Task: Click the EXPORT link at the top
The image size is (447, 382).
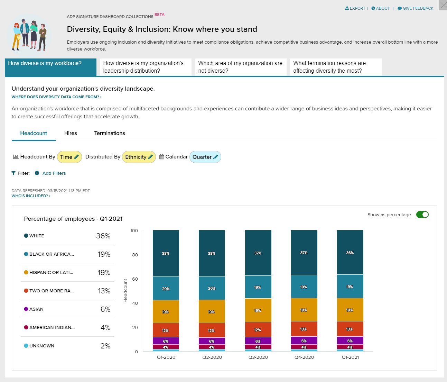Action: (355, 8)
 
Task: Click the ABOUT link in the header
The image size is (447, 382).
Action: (380, 8)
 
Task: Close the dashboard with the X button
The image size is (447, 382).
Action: (443, 5)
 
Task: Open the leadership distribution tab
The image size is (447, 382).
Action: (145, 67)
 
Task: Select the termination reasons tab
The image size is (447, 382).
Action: (335, 67)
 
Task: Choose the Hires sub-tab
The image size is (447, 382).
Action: (71, 133)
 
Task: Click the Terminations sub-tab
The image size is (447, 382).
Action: (110, 133)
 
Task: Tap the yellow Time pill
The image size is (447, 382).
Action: (69, 157)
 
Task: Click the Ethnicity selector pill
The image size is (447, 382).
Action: (139, 157)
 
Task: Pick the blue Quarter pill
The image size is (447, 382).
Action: (205, 157)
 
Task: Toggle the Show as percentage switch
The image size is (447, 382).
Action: (422, 215)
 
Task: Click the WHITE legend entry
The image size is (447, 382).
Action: (37, 236)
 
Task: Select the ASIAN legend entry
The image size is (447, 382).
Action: (36, 309)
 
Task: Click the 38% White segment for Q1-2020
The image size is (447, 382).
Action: (166, 253)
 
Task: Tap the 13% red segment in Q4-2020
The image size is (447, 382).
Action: (304, 329)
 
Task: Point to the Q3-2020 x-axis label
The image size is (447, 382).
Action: (258, 357)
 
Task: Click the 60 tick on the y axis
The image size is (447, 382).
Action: (135, 279)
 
